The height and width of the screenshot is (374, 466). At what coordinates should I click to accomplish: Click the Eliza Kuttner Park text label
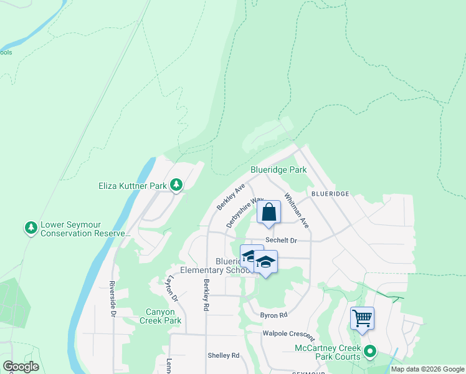(133, 185)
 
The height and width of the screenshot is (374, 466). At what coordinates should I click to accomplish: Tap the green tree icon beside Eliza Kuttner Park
(177, 185)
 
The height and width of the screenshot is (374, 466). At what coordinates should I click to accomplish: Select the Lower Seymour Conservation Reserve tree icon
(31, 228)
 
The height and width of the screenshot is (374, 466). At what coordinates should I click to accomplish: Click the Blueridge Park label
(278, 170)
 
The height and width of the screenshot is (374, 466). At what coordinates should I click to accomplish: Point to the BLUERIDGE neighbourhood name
(331, 194)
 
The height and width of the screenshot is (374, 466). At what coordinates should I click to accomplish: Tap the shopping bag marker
(269, 213)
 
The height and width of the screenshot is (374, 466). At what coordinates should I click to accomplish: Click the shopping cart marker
(362, 319)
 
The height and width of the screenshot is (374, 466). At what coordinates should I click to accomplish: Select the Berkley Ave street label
(231, 197)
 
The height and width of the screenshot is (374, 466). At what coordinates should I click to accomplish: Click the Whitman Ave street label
(297, 209)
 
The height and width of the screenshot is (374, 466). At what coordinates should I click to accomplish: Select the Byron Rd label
(273, 315)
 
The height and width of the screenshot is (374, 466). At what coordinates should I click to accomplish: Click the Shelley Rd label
(224, 355)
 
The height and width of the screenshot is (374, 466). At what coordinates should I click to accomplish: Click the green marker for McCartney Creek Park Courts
(369, 352)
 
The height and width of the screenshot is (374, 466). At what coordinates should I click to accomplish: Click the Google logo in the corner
(21, 367)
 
